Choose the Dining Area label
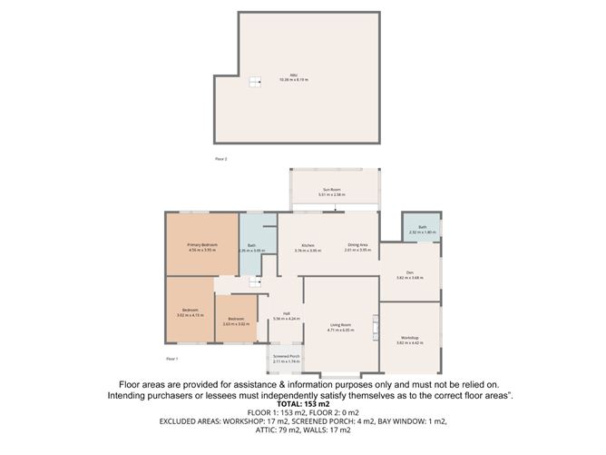[358, 247]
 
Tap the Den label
[409, 275]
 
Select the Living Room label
[340, 327]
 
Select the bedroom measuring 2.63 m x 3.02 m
[236, 321]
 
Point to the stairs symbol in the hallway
[255, 283]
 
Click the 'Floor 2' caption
[220, 159]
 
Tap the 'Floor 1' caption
[171, 359]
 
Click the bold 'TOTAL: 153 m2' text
[302, 404]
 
